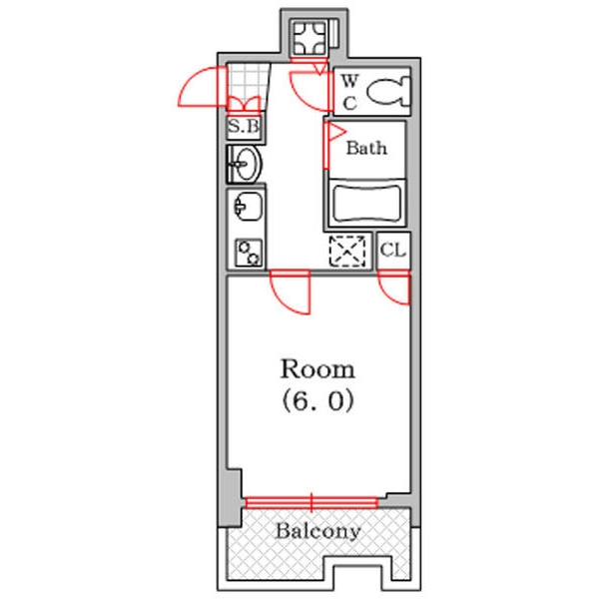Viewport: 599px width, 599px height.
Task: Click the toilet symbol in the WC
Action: (388, 91)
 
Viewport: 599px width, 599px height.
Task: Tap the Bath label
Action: (366, 148)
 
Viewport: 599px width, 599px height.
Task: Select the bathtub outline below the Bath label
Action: (366, 204)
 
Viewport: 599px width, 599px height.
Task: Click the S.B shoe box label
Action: (245, 126)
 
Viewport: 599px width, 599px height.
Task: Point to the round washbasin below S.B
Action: (248, 164)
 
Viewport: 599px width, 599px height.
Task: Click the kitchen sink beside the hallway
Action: (248, 207)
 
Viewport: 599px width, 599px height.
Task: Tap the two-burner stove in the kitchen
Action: (249, 253)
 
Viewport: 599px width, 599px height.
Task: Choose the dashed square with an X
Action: (347, 251)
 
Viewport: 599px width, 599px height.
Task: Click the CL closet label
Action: (392, 251)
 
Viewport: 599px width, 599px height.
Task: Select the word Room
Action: (317, 369)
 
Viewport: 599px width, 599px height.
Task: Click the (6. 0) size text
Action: (317, 401)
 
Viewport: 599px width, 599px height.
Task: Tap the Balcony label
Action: (317, 531)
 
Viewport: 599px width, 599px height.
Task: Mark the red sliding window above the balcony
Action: (311, 503)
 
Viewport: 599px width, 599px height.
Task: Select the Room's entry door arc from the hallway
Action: (281, 301)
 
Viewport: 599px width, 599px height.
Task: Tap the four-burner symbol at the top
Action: (309, 38)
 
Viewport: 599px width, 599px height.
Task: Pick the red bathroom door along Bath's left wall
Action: (326, 146)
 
